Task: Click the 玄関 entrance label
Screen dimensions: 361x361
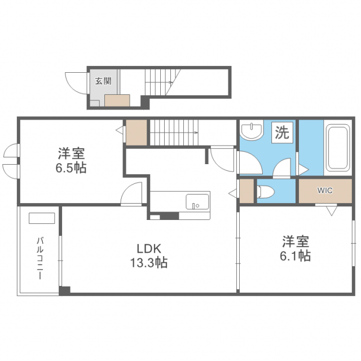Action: [x=103, y=81]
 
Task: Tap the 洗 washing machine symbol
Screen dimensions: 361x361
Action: [x=281, y=133]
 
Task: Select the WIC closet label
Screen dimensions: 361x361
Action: [x=324, y=191]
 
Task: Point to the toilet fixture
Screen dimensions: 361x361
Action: [x=266, y=192]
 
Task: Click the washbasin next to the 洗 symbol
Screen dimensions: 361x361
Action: [x=251, y=131]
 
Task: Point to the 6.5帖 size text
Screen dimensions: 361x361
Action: [x=71, y=168]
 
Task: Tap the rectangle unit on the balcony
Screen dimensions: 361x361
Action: [x=42, y=218]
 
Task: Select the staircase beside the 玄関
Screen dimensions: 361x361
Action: [x=164, y=81]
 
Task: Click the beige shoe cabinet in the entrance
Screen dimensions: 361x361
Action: [x=118, y=100]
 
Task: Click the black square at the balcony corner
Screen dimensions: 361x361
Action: [x=65, y=290]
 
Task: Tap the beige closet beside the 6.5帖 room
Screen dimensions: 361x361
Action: [x=136, y=132]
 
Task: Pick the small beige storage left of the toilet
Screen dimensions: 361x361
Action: [x=246, y=191]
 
